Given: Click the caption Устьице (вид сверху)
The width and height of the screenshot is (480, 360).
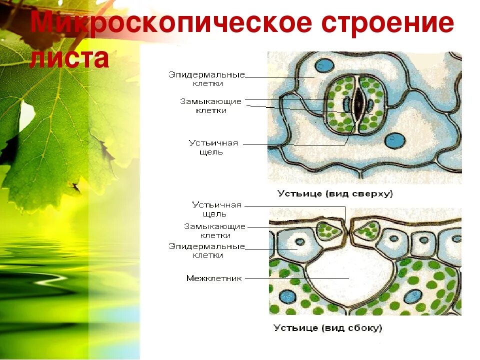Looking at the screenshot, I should [x=335, y=193].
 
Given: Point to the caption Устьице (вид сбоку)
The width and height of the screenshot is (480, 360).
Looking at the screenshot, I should [x=327, y=328].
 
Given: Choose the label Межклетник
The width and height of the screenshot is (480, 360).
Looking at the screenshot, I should [x=213, y=278].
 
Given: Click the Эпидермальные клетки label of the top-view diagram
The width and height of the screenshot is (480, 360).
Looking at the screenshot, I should [x=206, y=79].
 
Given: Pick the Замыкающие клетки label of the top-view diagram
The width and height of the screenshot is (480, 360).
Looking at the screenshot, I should [x=210, y=105].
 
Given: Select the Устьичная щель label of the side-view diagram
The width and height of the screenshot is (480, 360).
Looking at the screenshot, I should [x=217, y=209].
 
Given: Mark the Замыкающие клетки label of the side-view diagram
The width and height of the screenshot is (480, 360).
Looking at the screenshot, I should [x=214, y=230].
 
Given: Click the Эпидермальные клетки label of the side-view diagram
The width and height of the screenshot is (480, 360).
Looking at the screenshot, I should [x=206, y=250].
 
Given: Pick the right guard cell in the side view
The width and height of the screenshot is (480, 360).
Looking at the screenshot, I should [x=366, y=230].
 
